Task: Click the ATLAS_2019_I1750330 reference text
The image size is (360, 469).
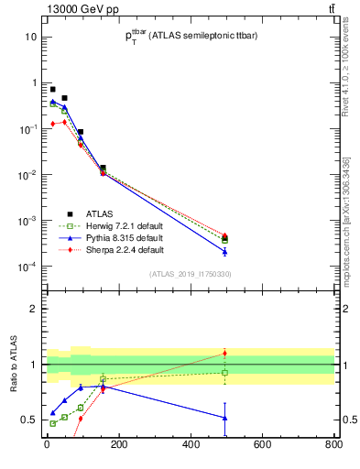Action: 189,273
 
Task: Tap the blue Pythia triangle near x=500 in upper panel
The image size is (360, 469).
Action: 224,251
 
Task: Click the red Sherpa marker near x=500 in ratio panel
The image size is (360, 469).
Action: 224,354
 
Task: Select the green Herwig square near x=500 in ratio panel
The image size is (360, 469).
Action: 224,373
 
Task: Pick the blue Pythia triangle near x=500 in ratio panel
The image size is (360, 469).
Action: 224,418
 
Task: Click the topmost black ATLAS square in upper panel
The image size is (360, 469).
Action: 53,89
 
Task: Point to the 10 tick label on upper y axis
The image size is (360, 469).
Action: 31,37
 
